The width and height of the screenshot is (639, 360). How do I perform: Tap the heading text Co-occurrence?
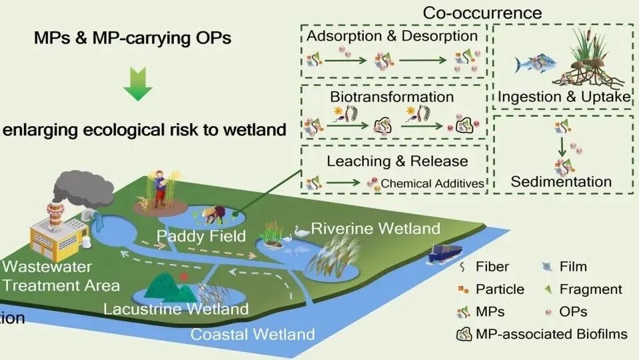(x=482, y=13)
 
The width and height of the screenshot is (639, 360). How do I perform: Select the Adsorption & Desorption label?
(x=392, y=35)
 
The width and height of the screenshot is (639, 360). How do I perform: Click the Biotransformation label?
(x=392, y=96)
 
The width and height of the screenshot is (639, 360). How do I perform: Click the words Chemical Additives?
(x=432, y=183)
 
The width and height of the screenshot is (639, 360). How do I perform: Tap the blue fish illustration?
(x=532, y=65)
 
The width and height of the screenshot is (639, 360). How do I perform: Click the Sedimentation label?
(x=561, y=181)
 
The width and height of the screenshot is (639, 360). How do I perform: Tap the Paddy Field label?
(x=192, y=236)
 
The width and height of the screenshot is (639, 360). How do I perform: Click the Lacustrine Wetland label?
(x=176, y=309)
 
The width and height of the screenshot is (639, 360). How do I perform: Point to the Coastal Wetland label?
(x=253, y=334)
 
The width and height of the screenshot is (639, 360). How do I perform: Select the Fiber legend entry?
(x=492, y=267)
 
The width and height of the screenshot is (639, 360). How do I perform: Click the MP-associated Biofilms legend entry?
(x=551, y=334)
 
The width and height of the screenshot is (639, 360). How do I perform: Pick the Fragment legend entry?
(x=590, y=289)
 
